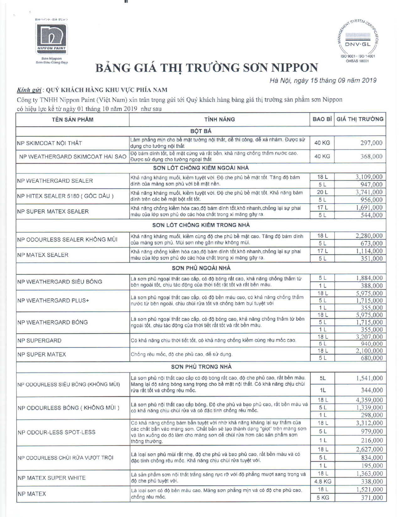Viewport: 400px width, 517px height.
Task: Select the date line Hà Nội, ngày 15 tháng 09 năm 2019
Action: click(x=323, y=81)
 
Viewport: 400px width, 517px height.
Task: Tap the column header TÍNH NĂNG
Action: click(x=219, y=119)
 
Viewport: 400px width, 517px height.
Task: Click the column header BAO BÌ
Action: click(x=322, y=119)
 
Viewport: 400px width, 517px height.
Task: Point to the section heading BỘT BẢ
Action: click(x=201, y=131)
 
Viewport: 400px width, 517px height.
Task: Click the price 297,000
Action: click(x=371, y=143)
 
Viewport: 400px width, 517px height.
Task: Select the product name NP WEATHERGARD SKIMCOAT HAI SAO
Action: click(x=72, y=156)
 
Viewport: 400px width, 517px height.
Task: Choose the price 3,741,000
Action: click(x=369, y=192)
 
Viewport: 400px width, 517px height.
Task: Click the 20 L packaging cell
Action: click(x=322, y=192)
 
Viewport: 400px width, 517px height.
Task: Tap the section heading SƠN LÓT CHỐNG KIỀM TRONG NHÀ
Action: click(x=201, y=225)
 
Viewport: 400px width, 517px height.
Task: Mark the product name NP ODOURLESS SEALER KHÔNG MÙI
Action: click(x=67, y=240)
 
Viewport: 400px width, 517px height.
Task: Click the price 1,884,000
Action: click(x=369, y=278)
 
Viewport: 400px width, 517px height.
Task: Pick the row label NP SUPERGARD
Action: click(x=40, y=341)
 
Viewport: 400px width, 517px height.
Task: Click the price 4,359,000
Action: click(x=369, y=400)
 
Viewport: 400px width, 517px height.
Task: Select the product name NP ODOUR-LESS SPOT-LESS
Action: click(x=56, y=432)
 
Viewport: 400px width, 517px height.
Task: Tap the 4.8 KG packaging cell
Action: click(x=323, y=482)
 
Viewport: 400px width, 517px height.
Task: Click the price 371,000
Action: click(x=372, y=498)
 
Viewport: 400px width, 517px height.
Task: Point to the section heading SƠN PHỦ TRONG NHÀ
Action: click(x=201, y=367)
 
